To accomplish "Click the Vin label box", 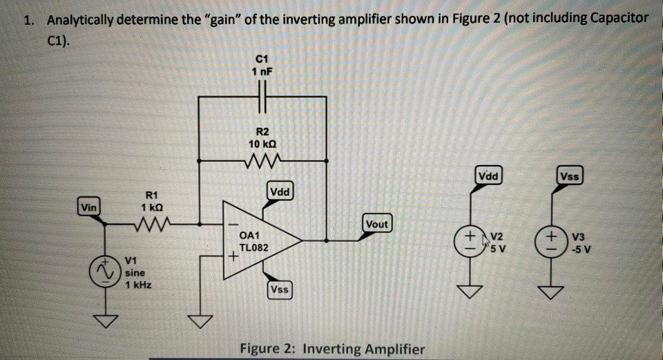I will tap(88, 207).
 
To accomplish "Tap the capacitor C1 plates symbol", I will tap(262, 97).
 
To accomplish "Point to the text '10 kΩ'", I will tap(262, 144).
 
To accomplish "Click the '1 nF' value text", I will tap(262, 71).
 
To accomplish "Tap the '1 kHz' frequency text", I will tap(139, 285).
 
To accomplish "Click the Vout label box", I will tap(376, 224).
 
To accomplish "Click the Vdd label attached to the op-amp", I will tap(281, 191).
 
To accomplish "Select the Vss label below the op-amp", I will tap(280, 290).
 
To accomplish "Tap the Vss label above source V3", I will tap(570, 176).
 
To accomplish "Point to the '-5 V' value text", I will tap(582, 249).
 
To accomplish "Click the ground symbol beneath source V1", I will tap(106, 320).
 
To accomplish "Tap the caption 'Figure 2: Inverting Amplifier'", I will tap(331, 348).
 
